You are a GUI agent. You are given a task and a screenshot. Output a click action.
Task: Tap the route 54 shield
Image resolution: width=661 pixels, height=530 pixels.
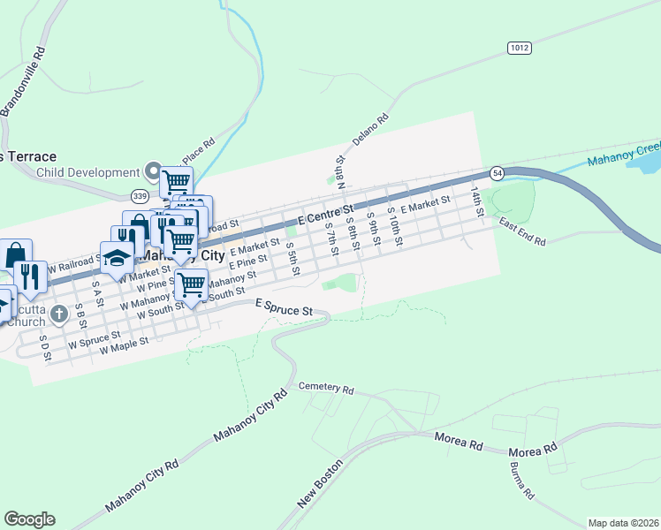pos(498,171)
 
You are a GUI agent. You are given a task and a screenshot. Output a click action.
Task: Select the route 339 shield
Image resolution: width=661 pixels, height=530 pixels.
pos(139,195)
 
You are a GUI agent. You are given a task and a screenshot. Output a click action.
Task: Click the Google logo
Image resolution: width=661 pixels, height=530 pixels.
pos(29,519)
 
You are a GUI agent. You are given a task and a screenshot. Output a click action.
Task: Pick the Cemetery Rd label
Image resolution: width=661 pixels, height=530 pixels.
pos(326,388)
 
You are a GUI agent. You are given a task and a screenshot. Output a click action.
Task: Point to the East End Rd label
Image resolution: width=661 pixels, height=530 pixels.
pos(522,233)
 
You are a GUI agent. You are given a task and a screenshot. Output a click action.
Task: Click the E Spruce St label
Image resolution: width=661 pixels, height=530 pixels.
pos(285,308)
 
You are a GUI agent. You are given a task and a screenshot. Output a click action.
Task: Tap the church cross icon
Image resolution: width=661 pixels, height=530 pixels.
pos(59,313)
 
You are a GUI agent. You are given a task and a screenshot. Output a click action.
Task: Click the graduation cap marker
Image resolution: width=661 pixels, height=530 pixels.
pos(116,257)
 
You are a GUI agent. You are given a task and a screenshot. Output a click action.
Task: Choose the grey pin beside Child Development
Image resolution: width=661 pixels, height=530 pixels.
pos(151,171)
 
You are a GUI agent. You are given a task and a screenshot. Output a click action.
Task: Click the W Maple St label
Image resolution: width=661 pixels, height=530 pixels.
pos(125,344)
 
